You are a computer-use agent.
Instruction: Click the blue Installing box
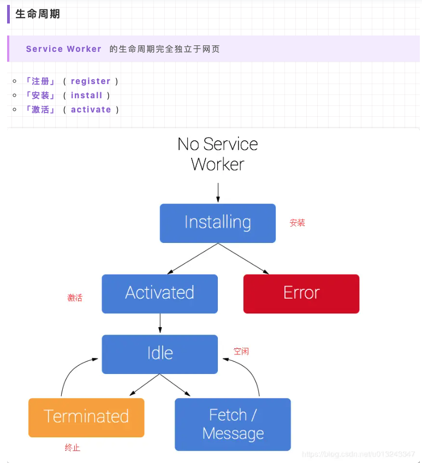click(217, 223)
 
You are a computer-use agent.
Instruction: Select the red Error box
click(301, 293)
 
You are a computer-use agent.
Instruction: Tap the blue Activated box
click(159, 293)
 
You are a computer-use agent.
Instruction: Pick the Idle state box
click(159, 354)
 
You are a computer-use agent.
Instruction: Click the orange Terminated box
click(86, 417)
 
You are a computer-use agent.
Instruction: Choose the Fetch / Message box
click(233, 424)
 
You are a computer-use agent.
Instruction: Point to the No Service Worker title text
click(217, 154)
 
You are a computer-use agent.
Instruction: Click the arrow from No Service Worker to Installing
click(218, 192)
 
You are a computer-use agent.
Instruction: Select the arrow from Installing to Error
click(245, 259)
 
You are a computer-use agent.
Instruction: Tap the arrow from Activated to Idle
click(160, 323)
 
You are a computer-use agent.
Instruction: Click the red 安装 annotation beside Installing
click(298, 223)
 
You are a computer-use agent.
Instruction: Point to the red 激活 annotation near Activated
click(75, 298)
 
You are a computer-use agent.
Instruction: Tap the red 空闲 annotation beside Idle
click(241, 351)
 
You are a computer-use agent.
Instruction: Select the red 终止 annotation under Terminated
click(73, 448)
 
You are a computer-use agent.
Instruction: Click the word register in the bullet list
click(91, 81)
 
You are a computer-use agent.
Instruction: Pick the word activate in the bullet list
click(91, 110)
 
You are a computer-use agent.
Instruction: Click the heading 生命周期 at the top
click(38, 14)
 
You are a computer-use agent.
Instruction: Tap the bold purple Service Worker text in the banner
click(63, 49)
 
